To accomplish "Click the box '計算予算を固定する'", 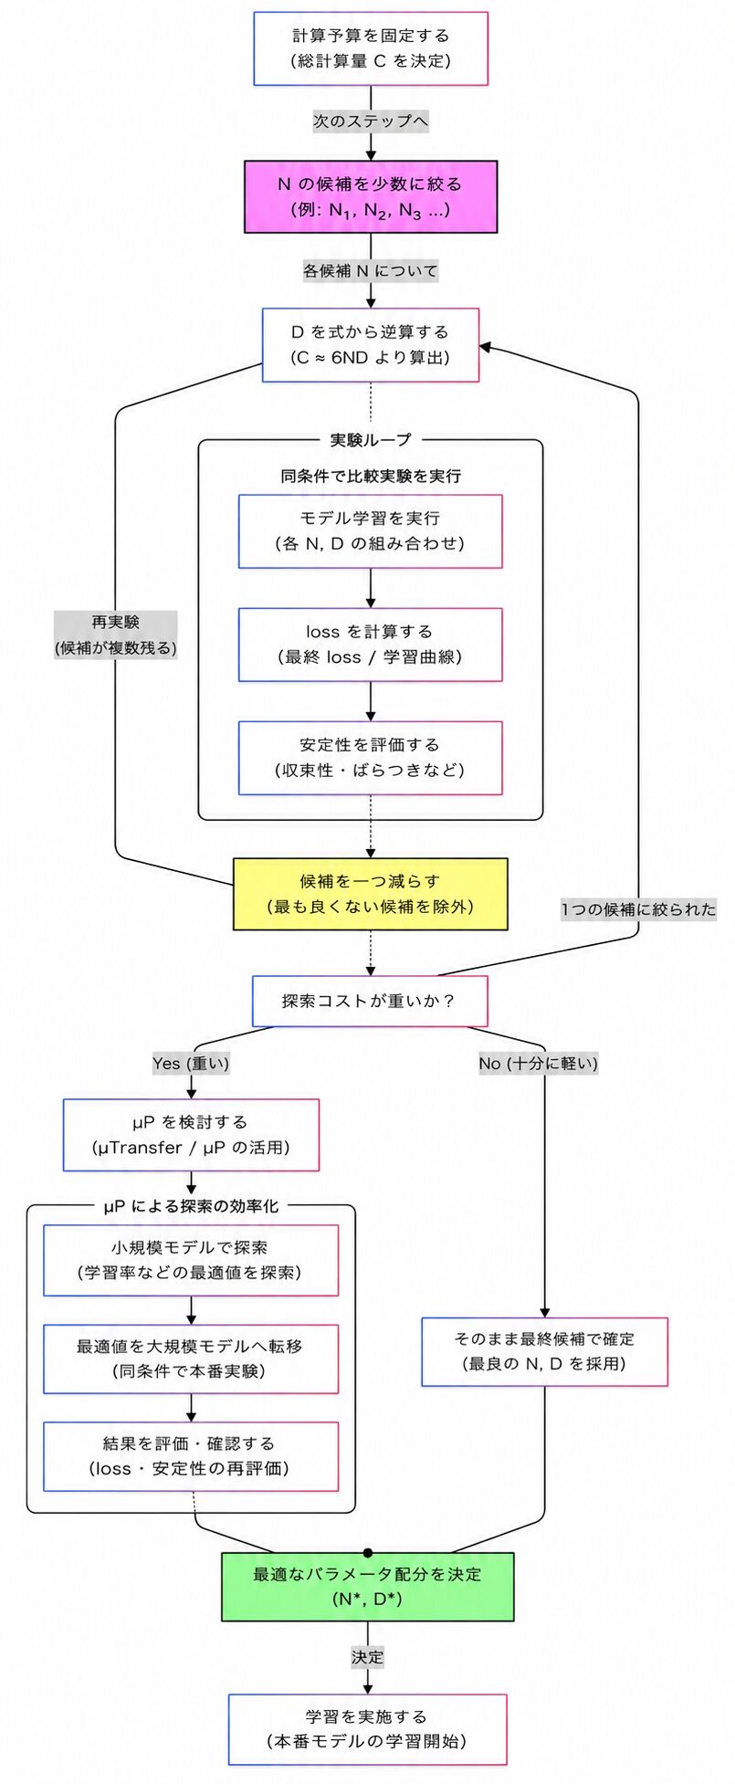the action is [371, 48].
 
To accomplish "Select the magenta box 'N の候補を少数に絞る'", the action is [371, 197].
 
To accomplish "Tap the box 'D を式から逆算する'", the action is [371, 345].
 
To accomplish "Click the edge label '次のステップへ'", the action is [371, 121].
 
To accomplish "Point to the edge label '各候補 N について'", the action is [371, 270].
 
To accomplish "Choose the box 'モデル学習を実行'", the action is [371, 531].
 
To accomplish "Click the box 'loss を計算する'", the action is [371, 645].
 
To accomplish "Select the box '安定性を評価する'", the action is [371, 758].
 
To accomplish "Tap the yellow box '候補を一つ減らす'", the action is [371, 894].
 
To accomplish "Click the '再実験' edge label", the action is [116, 635].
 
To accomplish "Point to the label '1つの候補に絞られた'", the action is [638, 909].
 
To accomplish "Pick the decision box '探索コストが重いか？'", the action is [370, 1001].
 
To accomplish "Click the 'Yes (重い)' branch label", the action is [191, 1063].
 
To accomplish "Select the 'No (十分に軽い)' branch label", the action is [539, 1063].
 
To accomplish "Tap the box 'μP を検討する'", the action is [191, 1135].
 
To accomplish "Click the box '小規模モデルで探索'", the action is [191, 1260].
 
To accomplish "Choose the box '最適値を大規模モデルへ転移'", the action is [191, 1359].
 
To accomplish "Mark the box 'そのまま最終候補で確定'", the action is [545, 1351].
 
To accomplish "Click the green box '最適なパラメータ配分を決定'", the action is [368, 1587].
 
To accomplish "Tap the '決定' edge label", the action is [368, 1657].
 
